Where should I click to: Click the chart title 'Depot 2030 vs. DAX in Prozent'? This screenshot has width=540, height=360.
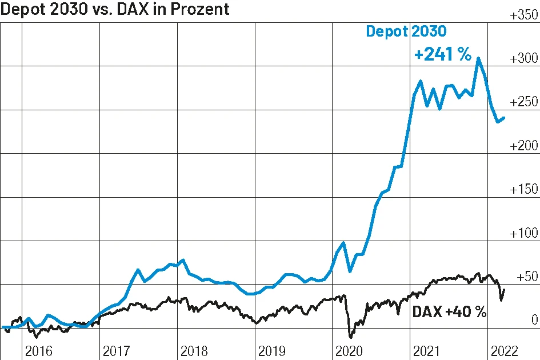click(x=115, y=10)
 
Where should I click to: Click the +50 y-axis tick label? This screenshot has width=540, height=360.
click(x=527, y=277)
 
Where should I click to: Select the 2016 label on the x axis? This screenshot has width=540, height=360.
click(x=39, y=350)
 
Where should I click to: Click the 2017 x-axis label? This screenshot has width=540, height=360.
click(x=117, y=350)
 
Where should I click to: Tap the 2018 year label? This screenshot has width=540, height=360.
click(x=195, y=350)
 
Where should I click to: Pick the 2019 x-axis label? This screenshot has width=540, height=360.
click(x=273, y=350)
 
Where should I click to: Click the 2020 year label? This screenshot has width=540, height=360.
click(x=350, y=350)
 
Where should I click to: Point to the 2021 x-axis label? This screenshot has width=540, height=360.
click(x=428, y=350)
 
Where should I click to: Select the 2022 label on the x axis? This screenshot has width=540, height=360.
click(x=505, y=350)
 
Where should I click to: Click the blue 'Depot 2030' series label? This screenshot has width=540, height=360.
click(x=406, y=32)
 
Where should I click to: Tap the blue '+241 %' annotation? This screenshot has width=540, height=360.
click(x=443, y=55)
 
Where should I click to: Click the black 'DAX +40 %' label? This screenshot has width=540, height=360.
click(x=449, y=311)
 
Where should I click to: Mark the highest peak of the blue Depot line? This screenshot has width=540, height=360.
click(x=478, y=58)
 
